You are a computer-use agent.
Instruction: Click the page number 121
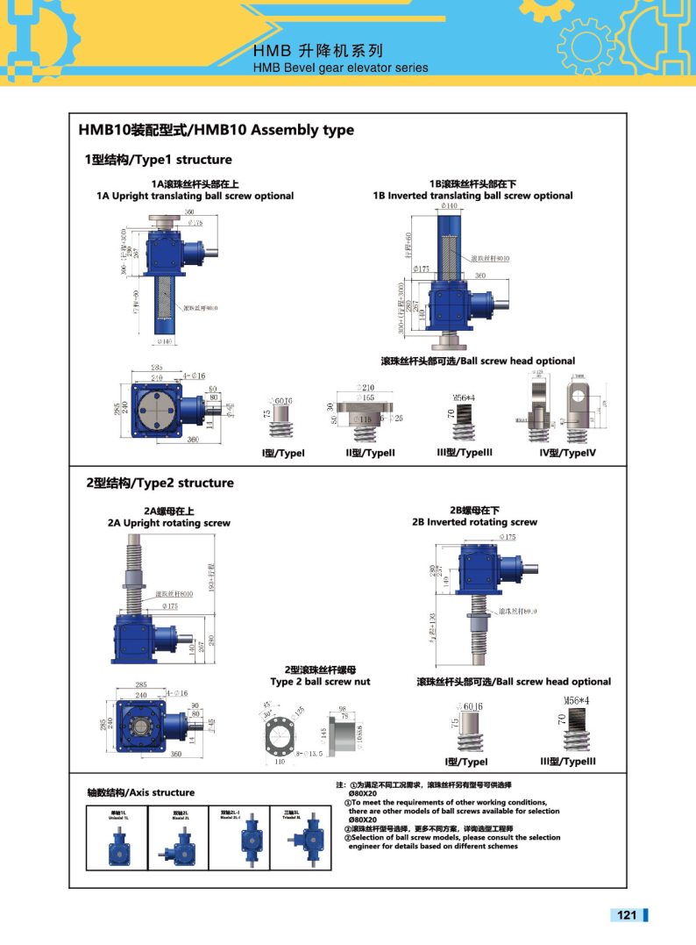click(626, 915)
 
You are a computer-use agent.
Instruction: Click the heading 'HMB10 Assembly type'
click(217, 130)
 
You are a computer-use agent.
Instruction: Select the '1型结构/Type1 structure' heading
click(158, 160)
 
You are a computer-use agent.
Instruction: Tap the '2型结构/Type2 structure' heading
click(159, 483)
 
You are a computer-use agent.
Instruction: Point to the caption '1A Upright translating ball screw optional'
click(195, 196)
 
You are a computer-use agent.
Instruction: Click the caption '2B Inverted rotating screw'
click(474, 522)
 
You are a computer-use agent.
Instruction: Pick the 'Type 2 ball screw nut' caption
click(320, 682)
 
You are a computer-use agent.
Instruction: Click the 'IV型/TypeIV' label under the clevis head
click(567, 453)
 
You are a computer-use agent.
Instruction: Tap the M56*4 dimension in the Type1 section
click(463, 397)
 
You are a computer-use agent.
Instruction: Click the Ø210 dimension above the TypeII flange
click(366, 387)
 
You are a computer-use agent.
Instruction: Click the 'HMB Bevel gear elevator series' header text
click(340, 68)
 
